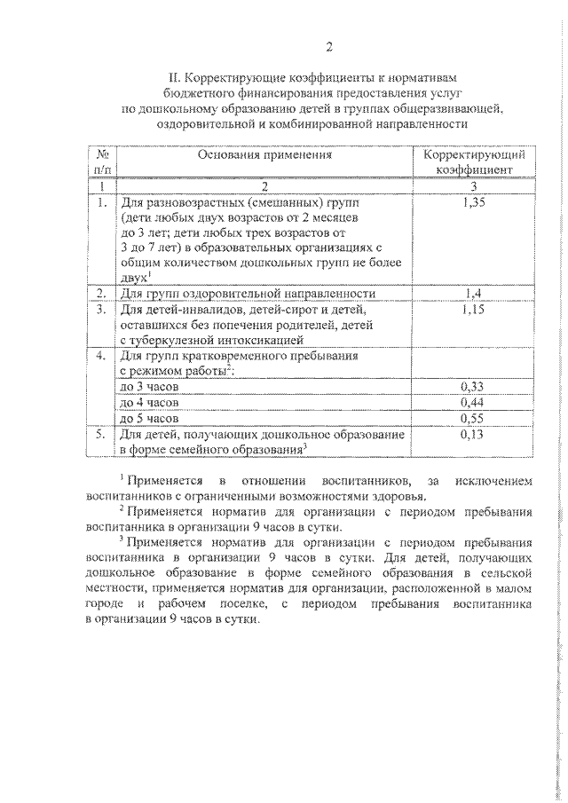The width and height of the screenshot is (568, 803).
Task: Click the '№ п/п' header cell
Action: (103, 161)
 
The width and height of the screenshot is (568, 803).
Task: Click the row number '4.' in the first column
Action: (102, 356)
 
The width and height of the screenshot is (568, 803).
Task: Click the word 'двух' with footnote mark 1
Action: (132, 278)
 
